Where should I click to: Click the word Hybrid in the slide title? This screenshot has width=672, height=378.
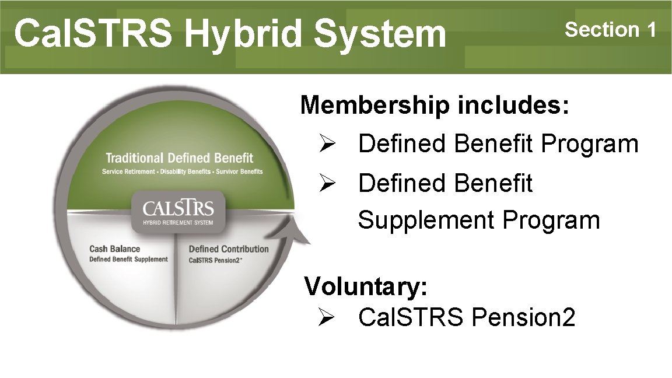click(244, 34)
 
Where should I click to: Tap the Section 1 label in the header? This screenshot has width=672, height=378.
click(611, 29)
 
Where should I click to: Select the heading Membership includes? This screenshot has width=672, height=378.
click(435, 106)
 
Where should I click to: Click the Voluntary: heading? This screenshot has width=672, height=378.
click(366, 286)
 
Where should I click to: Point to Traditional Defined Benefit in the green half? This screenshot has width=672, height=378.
click(179, 157)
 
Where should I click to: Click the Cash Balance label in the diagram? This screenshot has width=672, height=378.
click(114, 249)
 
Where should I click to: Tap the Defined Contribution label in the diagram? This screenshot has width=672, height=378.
click(228, 249)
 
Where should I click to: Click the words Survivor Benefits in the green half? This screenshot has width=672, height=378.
click(240, 171)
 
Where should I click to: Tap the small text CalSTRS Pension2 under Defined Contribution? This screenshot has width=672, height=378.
click(215, 260)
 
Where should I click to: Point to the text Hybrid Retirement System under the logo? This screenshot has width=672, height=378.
click(178, 222)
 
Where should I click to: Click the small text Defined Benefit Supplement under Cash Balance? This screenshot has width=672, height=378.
click(128, 259)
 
